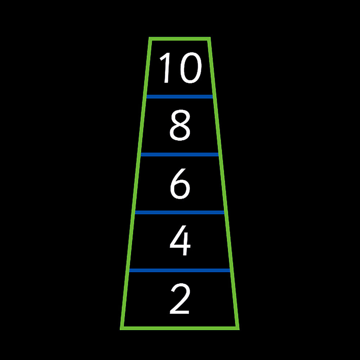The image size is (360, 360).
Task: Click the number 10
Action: (181, 68)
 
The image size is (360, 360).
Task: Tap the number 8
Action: (180, 125)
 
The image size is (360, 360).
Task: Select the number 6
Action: (180, 184)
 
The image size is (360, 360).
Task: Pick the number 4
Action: (180, 240)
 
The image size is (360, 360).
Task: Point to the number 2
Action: (180, 299)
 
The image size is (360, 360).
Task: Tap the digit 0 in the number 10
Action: (191, 68)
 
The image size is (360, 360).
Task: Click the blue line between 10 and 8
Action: (180, 96)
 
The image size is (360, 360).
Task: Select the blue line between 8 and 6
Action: (180, 154)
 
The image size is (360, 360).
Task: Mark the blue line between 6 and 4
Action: (180, 212)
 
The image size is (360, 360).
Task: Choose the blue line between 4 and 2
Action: (180, 270)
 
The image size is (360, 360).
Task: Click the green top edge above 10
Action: (180, 39)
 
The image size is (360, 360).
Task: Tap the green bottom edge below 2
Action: (180, 328)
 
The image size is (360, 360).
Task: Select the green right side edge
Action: (224, 184)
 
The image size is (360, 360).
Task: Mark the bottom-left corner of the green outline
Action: (120, 330)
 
